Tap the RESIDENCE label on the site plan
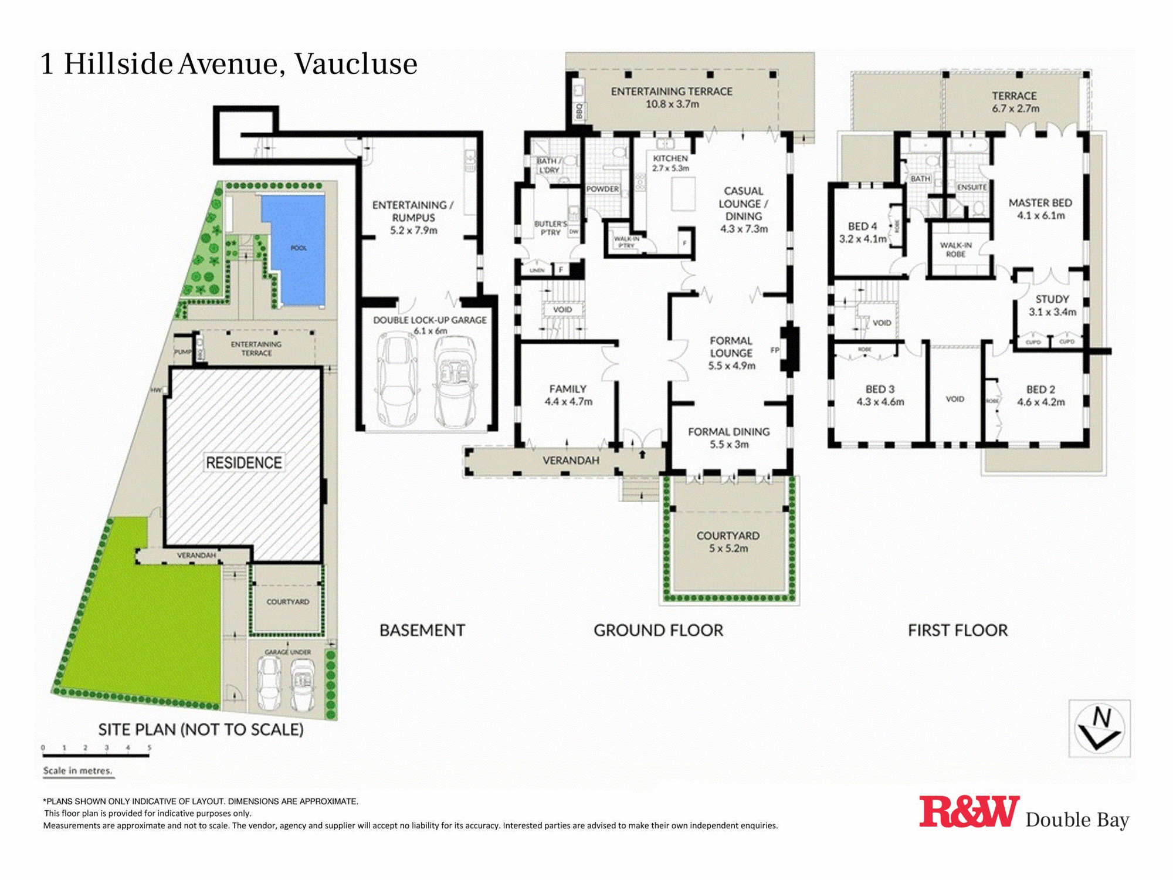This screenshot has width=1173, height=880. point(243,463)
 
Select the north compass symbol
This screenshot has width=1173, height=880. point(1099,729)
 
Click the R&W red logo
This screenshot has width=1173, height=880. point(968,813)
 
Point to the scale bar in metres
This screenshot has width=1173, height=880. point(96,756)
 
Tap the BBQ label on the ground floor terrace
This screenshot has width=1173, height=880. point(579,111)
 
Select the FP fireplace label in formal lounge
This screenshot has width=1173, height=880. point(774,350)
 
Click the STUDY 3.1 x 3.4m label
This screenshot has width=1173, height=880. point(1052,305)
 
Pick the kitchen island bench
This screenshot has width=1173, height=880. point(683,194)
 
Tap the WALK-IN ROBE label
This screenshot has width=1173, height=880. point(955,249)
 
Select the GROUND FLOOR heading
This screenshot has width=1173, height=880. point(658,630)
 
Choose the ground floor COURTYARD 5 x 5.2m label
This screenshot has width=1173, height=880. point(728,542)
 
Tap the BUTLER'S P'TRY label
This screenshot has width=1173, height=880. point(550,228)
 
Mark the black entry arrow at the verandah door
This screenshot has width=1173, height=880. point(642,454)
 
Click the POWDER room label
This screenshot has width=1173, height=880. point(602,189)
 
